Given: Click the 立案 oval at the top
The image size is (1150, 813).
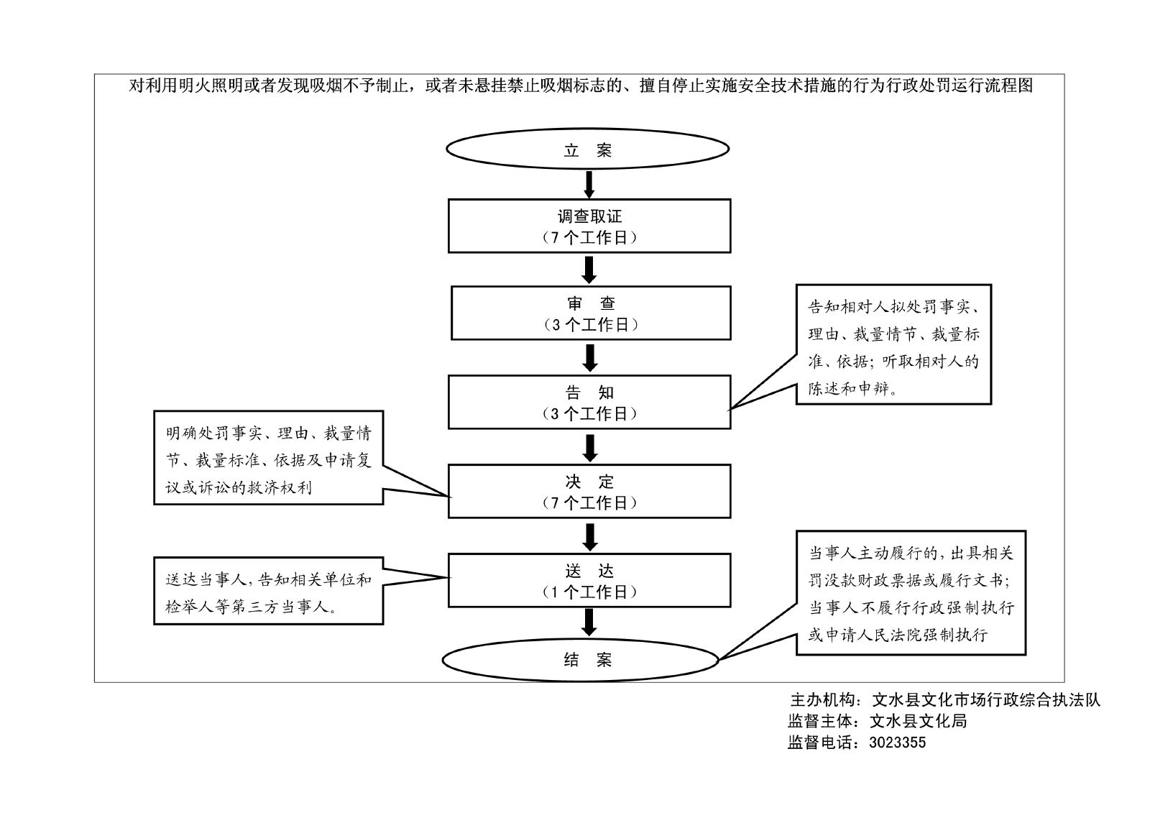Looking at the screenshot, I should click(x=588, y=150).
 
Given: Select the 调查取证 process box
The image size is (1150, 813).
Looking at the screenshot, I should click(x=589, y=226).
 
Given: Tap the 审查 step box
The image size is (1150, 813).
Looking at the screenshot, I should click(x=591, y=313).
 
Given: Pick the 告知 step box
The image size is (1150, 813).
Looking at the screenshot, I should click(x=589, y=402).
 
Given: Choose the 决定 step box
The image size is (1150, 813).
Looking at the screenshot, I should click(x=589, y=491).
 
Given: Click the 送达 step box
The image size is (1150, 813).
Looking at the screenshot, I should click(x=589, y=580).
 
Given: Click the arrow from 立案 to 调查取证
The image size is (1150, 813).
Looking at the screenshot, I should click(x=589, y=184).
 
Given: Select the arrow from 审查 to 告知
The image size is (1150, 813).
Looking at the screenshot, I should click(x=590, y=357).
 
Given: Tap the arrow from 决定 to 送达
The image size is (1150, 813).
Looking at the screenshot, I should click(x=590, y=536).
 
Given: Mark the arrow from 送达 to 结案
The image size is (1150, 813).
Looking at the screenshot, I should click(x=589, y=622).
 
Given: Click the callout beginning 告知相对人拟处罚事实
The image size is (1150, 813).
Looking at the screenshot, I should click(x=893, y=344).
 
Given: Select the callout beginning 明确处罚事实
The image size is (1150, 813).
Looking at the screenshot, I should click(x=268, y=457).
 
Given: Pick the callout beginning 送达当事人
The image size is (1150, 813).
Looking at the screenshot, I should click(x=268, y=591).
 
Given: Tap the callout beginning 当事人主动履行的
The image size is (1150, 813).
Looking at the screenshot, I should click(x=911, y=593).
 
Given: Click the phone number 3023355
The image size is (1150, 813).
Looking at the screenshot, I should click(x=897, y=743).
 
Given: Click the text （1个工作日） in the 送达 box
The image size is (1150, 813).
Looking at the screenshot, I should click(x=589, y=592).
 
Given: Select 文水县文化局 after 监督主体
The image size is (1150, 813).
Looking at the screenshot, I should click(x=918, y=721).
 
